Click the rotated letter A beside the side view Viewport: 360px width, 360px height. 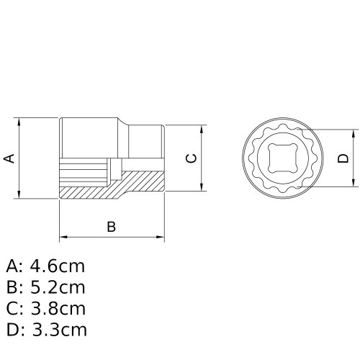10,158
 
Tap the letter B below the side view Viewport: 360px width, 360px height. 112,226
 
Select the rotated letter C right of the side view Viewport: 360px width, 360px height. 191,158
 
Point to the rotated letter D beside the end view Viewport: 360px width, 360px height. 343,158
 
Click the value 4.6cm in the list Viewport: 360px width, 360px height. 58,266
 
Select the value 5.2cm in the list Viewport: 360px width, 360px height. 58,288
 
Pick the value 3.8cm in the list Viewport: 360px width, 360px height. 58,309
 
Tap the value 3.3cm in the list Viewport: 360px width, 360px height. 58,330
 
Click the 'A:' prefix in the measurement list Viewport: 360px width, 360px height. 14,266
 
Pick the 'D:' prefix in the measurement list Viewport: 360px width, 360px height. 15,330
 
